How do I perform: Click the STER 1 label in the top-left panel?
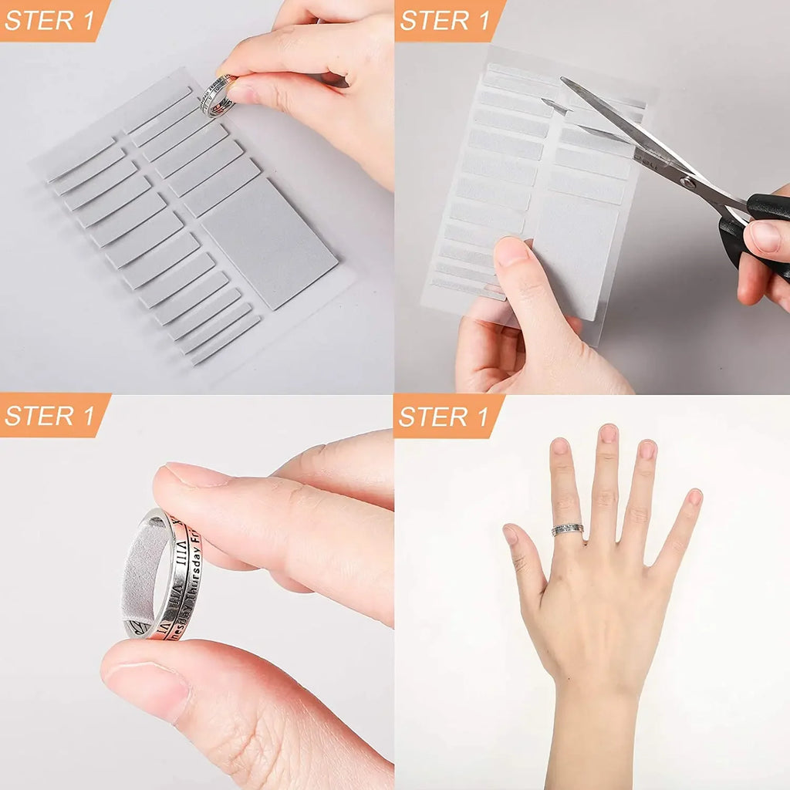point(49,19)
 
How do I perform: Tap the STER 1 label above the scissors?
point(445,19)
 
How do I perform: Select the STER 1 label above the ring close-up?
point(49,415)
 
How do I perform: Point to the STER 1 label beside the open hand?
point(445,415)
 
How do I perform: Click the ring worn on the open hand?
point(567,529)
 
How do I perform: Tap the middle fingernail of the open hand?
point(609,434)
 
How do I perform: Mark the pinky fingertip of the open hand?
point(694,498)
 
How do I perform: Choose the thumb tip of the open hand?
point(511,535)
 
